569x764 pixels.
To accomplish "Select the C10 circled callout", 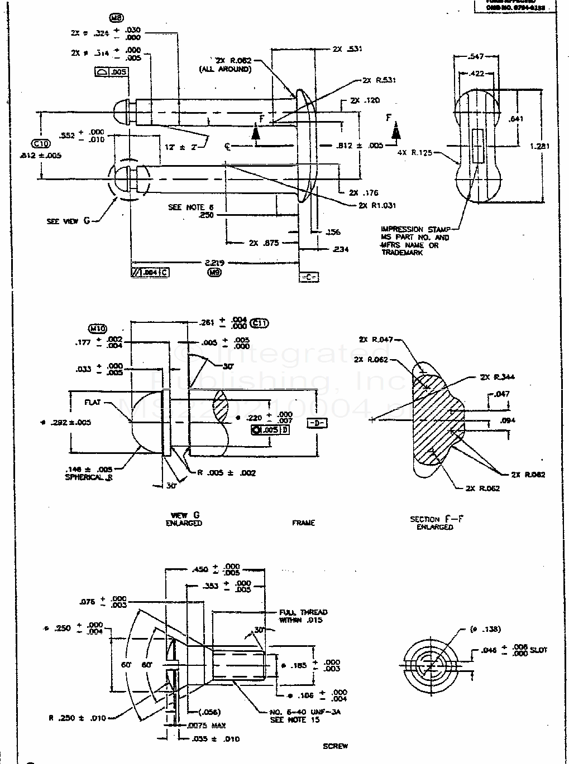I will (42, 144).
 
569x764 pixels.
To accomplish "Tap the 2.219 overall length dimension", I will (212, 262).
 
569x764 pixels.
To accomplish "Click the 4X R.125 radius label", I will (415, 152).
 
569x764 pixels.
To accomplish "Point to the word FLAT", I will (92, 402).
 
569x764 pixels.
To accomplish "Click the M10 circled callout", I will (98, 328).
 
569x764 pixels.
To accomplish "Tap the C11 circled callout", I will (260, 322).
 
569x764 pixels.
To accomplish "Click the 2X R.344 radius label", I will (498, 377).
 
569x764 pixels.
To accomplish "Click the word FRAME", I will (303, 523).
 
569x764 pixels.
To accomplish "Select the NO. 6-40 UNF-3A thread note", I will (305, 712).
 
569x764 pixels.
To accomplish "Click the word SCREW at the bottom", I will (335, 746).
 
